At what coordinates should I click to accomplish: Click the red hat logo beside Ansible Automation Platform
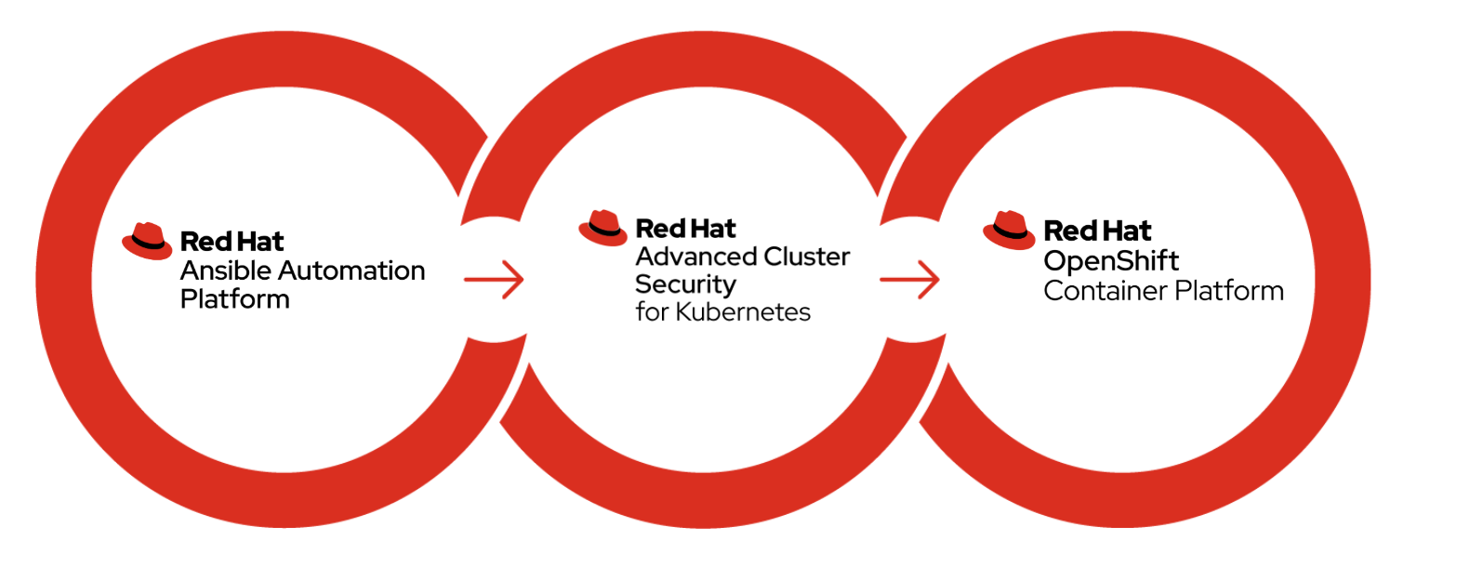tap(147, 241)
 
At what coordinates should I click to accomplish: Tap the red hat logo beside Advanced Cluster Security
tap(602, 228)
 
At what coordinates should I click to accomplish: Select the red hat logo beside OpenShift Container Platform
tap(1009, 231)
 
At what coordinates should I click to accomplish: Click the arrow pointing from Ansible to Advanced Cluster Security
tap(494, 279)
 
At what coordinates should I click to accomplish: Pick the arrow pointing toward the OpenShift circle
tap(909, 279)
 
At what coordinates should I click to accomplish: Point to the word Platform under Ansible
tap(235, 299)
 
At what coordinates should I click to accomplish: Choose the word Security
tap(685, 285)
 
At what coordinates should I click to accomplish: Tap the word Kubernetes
tap(743, 312)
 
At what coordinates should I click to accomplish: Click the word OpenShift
tap(1111, 261)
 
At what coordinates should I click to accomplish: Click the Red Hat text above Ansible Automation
tap(232, 242)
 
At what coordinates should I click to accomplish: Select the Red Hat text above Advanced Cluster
tap(685, 229)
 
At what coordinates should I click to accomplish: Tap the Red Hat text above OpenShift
tap(1097, 231)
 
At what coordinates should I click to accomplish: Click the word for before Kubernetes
tap(652, 312)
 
